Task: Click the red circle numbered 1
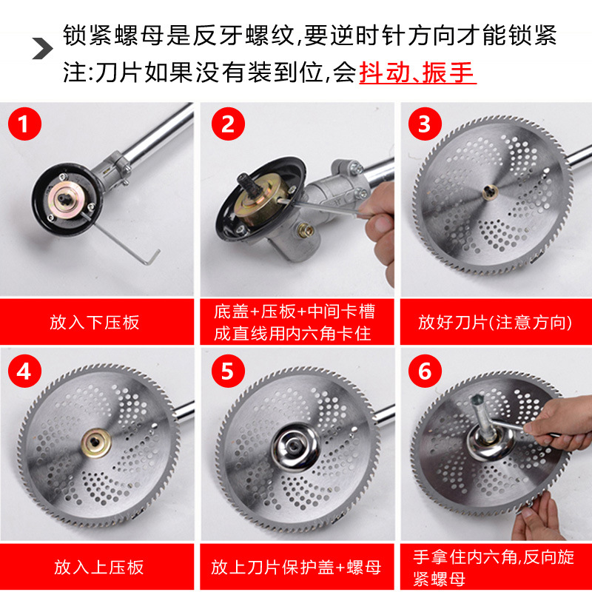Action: click(x=24, y=124)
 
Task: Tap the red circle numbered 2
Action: click(x=228, y=124)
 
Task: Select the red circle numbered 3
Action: click(x=425, y=124)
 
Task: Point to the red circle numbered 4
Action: click(x=24, y=371)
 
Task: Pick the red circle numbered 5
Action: click(x=228, y=371)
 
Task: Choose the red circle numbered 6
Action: click(x=425, y=371)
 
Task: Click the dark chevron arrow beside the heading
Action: click(x=42, y=48)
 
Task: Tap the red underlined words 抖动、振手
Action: click(x=417, y=72)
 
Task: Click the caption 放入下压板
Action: click(x=95, y=323)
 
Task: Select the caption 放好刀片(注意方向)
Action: click(x=495, y=323)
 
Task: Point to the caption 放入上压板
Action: click(x=99, y=567)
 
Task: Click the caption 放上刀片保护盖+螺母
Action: click(x=296, y=567)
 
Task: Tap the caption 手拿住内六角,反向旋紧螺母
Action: click(x=493, y=568)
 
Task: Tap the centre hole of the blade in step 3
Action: click(x=490, y=193)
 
